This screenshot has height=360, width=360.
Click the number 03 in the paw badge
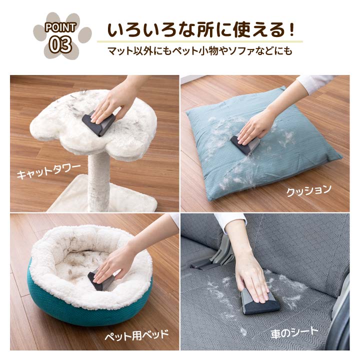(61, 44)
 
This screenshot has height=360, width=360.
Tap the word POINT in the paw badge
(60, 27)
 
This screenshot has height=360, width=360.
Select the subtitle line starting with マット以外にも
(199, 51)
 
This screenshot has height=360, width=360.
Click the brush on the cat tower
(98, 122)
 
